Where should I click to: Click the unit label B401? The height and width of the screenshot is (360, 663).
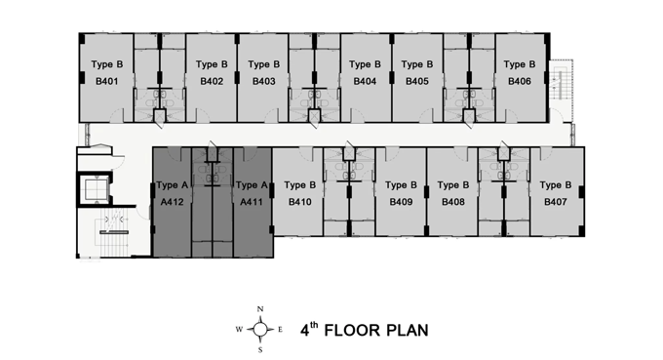(x=106, y=81)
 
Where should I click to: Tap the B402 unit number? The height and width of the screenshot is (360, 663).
(x=212, y=81)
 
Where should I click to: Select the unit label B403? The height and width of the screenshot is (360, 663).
(x=264, y=81)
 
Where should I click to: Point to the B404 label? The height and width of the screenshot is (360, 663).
(x=365, y=81)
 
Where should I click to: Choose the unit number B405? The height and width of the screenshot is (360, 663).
(x=417, y=81)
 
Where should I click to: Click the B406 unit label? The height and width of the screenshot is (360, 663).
(x=520, y=81)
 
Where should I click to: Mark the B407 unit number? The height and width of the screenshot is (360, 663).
(x=555, y=202)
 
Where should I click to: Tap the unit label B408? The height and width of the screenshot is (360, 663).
(x=453, y=202)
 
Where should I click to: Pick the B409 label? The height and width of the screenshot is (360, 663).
(x=401, y=202)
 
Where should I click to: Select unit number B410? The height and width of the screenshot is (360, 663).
(x=299, y=202)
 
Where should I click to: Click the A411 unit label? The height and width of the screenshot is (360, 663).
(x=252, y=202)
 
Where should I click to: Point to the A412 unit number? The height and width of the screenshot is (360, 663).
(x=173, y=202)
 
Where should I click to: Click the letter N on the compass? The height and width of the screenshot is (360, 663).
(x=260, y=309)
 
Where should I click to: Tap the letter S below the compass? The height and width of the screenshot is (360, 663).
(x=260, y=350)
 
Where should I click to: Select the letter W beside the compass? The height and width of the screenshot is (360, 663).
(x=239, y=330)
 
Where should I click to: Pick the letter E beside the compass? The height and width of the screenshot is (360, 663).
(x=280, y=330)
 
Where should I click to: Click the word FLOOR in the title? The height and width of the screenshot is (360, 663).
(x=355, y=331)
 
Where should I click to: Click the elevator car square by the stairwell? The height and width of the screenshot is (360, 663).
(x=95, y=189)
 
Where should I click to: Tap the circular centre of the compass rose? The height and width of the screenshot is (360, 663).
(x=260, y=329)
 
